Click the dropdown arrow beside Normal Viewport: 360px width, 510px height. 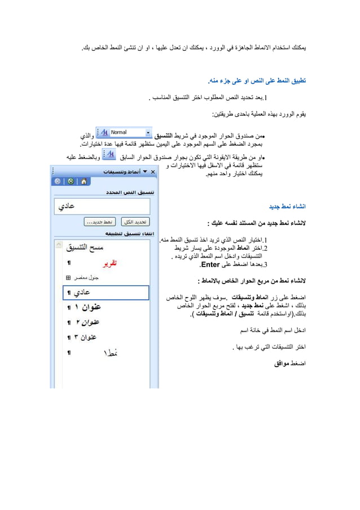(149, 132)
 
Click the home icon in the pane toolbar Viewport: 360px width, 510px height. (84, 181)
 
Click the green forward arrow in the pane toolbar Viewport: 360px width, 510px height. (70, 181)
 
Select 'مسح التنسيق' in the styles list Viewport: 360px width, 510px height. (85, 247)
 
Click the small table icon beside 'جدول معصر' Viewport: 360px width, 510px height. (69, 278)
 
